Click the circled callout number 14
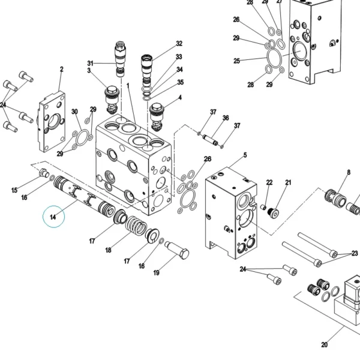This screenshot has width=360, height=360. coord(53,217)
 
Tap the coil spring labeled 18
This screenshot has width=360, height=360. coord(136,226)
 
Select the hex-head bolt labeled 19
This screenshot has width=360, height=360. coord(177,250)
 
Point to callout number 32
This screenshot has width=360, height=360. coord(179,43)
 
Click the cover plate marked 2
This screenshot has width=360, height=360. coord(52,122)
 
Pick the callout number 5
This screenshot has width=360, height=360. coord(245,155)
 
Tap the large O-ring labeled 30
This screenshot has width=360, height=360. coord(82,137)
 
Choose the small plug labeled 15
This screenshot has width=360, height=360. coord(44,173)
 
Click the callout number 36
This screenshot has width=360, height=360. coord(226,118)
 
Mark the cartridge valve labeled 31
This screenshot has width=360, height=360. coord(120,59)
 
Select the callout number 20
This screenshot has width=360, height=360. coord(324,344)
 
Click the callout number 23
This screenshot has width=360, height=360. coord(355,253)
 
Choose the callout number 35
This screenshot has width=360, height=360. coord(181,82)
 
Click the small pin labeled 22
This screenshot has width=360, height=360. coord(263,207)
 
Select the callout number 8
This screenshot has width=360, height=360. coord(349,172)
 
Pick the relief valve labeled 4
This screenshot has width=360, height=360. coord(156,117)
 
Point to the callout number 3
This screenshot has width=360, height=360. coord(89,70)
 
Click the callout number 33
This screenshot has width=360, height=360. coord(179,57)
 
